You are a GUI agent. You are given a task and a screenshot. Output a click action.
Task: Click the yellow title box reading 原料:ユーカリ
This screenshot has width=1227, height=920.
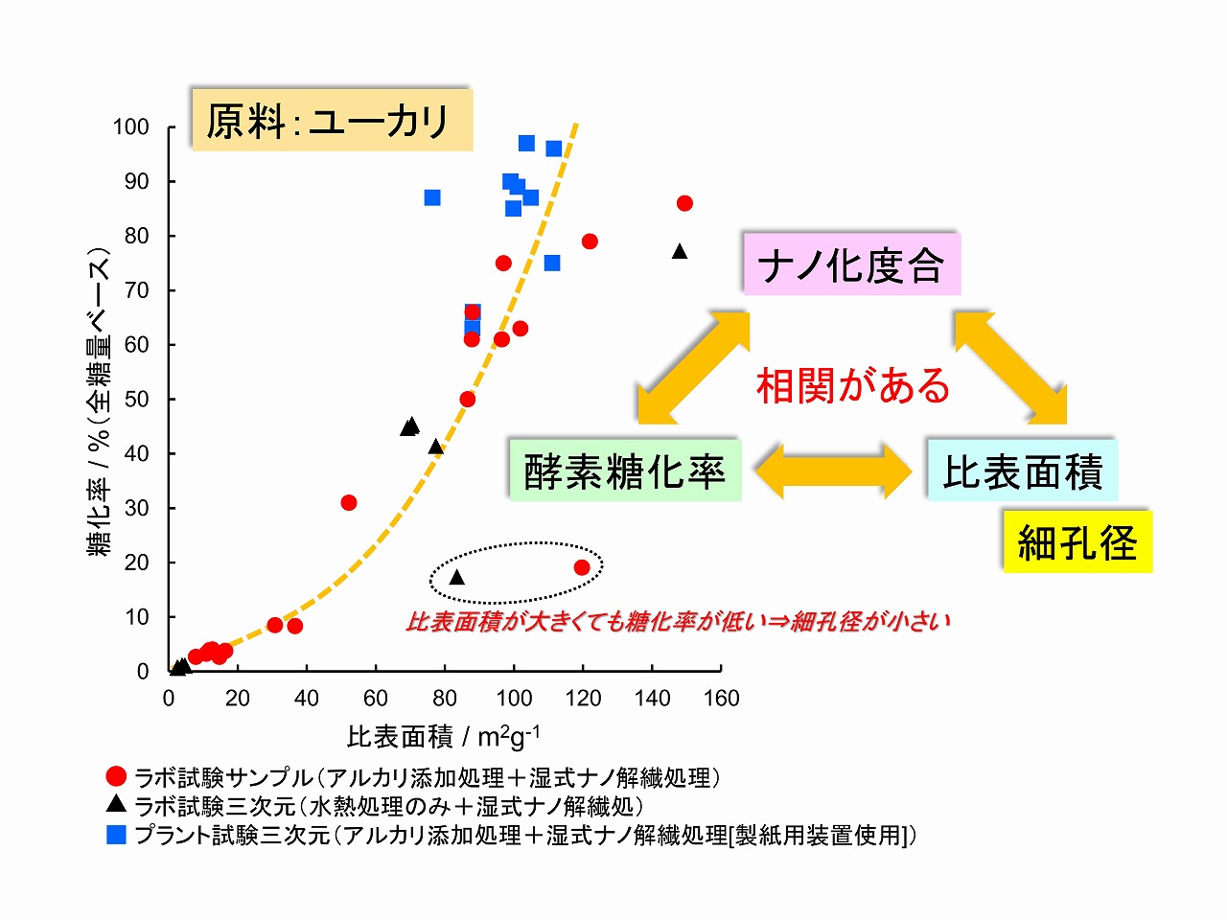(x=332, y=121)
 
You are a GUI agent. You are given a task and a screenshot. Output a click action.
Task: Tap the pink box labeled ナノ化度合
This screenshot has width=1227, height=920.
(x=850, y=264)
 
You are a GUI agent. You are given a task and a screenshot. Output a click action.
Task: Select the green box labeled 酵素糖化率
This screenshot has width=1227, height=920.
(x=624, y=471)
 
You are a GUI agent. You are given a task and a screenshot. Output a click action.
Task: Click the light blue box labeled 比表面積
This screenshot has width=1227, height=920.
(x=1022, y=471)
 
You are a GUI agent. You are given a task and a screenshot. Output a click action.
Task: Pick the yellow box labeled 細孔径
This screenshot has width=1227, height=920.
(x=1077, y=542)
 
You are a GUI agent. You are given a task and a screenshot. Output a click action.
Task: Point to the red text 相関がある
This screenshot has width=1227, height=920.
(x=853, y=385)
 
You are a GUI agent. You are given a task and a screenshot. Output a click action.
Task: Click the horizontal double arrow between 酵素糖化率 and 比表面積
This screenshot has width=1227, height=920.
(x=832, y=471)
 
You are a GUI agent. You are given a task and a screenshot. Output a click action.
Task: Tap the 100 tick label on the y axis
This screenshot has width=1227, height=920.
(x=130, y=127)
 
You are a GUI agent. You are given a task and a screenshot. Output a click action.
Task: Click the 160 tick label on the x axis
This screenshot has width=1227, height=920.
(x=721, y=699)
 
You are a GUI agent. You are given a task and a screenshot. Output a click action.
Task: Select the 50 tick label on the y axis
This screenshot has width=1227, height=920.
(x=137, y=400)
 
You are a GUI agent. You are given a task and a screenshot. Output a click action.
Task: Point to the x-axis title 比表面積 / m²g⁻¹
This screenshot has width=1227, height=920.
(x=443, y=736)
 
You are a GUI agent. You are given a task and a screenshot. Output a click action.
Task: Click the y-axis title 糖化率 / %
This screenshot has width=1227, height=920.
(x=100, y=402)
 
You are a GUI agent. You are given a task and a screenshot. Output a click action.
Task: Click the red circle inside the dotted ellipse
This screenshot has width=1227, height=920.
(x=582, y=567)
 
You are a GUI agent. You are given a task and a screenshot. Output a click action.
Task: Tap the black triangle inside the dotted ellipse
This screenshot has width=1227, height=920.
(x=456, y=577)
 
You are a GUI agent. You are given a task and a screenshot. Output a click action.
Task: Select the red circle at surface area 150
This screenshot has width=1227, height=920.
(x=684, y=203)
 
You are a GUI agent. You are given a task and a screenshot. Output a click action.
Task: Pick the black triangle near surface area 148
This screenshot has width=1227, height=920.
(x=680, y=251)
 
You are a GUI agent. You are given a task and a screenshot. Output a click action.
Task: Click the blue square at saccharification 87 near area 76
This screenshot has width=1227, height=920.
(x=432, y=197)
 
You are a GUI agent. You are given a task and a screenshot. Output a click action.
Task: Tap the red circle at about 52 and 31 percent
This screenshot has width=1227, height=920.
(x=349, y=503)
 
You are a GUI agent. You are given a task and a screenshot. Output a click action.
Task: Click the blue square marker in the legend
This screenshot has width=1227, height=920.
(x=116, y=835)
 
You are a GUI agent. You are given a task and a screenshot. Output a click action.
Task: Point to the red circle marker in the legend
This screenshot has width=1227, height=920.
(x=116, y=776)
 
